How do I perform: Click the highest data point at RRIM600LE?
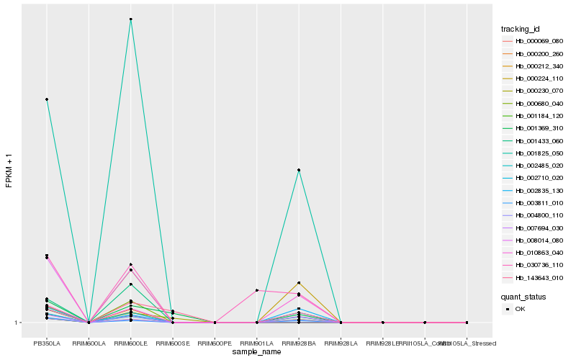pyautogui.click(x=130, y=19)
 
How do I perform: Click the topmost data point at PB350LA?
pyautogui.click(x=47, y=99)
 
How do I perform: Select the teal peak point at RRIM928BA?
pyautogui.click(x=298, y=170)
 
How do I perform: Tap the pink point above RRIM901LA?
pyautogui.click(x=256, y=290)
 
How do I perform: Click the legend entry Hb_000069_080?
pyautogui.click(x=534, y=41)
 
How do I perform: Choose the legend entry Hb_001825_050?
pyautogui.click(x=534, y=153)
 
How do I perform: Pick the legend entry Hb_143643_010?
pyautogui.click(x=534, y=278)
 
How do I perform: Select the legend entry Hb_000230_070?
pyautogui.click(x=534, y=91)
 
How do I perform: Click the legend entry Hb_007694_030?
pyautogui.click(x=534, y=228)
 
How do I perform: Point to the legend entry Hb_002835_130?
pyautogui.click(x=534, y=191)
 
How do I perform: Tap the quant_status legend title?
pyautogui.click(x=523, y=296)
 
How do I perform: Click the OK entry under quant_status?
pyautogui.click(x=520, y=308)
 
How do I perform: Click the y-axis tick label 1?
pyautogui.click(x=17, y=323)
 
